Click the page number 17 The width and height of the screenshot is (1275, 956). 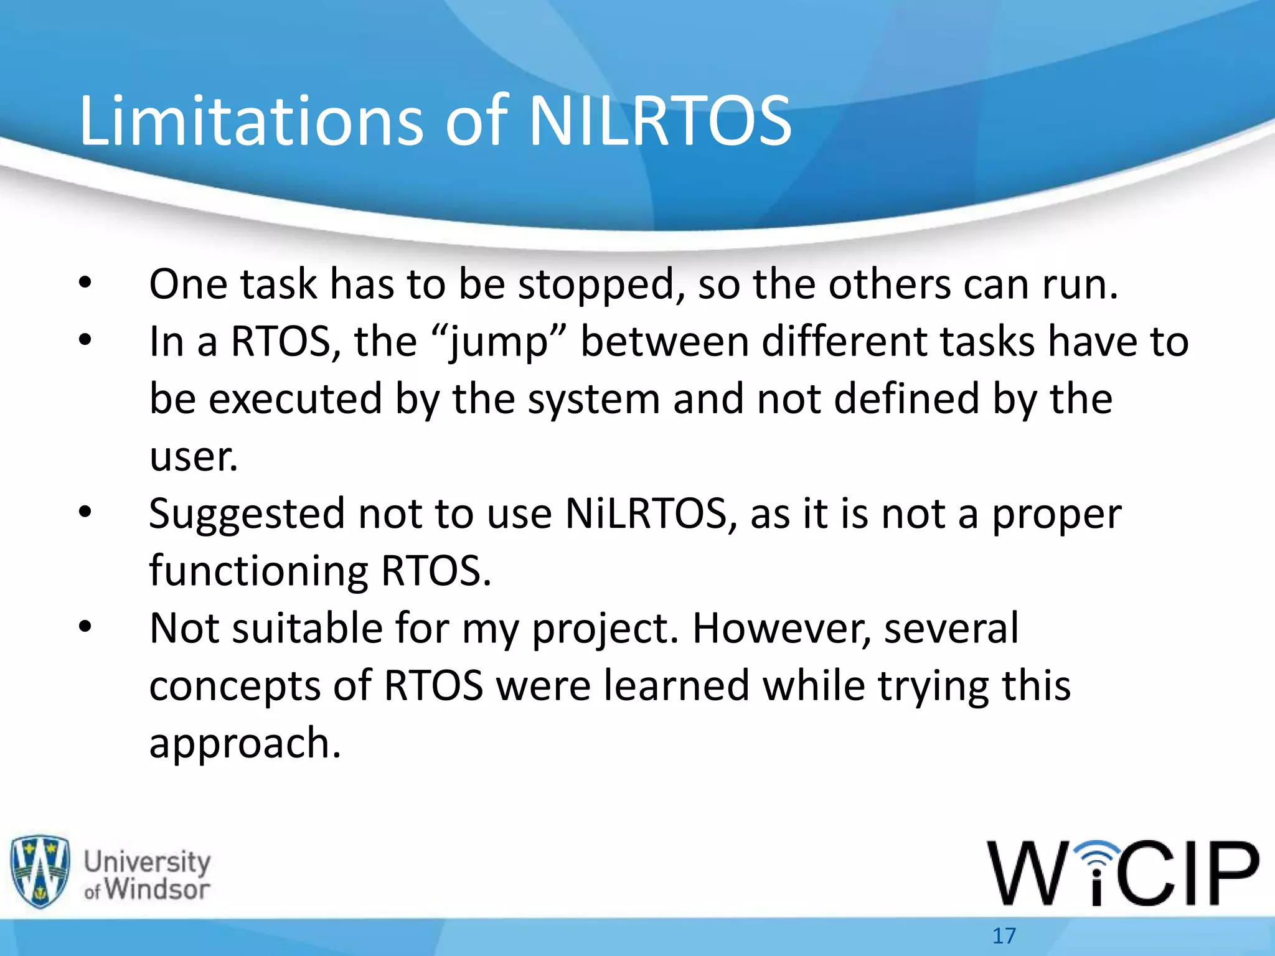pos(1004,935)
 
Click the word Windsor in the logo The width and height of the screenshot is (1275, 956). pos(157,889)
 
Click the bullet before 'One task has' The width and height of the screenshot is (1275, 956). pos(85,284)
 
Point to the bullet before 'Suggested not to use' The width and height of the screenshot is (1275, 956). pos(85,513)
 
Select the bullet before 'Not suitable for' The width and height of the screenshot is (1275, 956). pos(85,627)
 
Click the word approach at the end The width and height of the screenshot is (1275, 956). pos(245,744)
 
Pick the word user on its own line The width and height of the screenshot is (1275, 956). pos(193,457)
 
